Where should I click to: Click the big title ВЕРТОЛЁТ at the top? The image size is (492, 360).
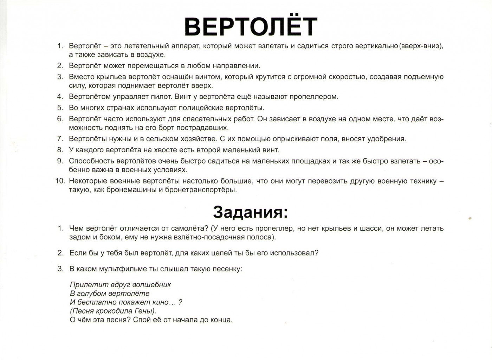(251, 26)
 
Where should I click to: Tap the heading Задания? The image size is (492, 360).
(250, 212)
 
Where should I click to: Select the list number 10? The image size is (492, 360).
(60, 181)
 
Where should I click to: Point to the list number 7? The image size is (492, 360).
(60, 139)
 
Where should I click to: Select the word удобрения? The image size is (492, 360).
(386, 139)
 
